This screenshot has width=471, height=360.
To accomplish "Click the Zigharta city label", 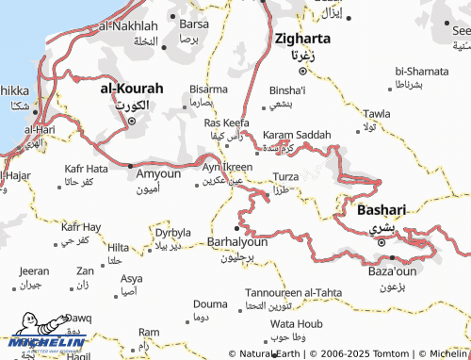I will (x=301, y=40).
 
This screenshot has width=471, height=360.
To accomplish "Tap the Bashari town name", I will (x=382, y=210).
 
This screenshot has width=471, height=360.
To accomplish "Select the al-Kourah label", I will (x=132, y=89).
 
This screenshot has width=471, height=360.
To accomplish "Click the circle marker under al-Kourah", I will (x=132, y=121).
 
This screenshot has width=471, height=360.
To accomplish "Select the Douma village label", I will (x=209, y=303).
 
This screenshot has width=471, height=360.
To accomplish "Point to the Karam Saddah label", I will (x=297, y=136).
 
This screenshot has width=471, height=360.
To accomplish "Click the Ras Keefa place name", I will (x=226, y=123).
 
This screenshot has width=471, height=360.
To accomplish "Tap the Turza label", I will (x=285, y=177).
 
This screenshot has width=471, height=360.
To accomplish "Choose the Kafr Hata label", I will (x=85, y=169).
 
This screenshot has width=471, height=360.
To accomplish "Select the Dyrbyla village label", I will (x=173, y=232).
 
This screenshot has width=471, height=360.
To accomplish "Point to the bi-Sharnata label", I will (x=422, y=71).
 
